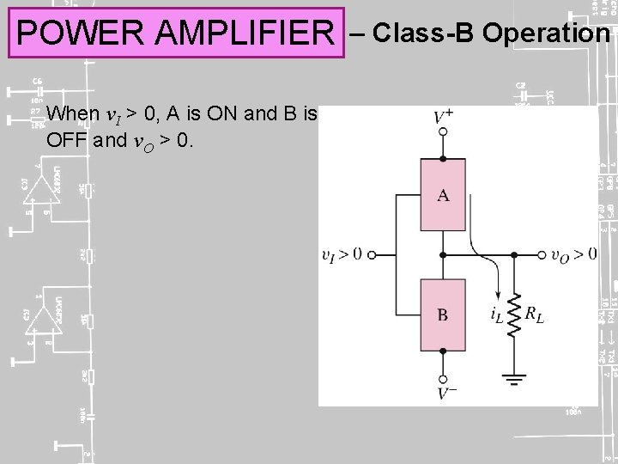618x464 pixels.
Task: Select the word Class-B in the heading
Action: point(424,33)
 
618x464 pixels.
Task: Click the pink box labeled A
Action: point(443,195)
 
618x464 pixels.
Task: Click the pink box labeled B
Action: point(443,314)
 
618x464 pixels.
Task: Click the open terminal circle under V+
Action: point(443,132)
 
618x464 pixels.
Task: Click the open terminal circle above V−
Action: point(443,377)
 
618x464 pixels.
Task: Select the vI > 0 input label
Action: point(342,254)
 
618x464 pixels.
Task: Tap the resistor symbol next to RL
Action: point(514,314)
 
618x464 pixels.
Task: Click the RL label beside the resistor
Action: point(535,316)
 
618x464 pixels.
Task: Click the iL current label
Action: point(496,316)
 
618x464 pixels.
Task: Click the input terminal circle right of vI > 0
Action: point(372,254)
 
